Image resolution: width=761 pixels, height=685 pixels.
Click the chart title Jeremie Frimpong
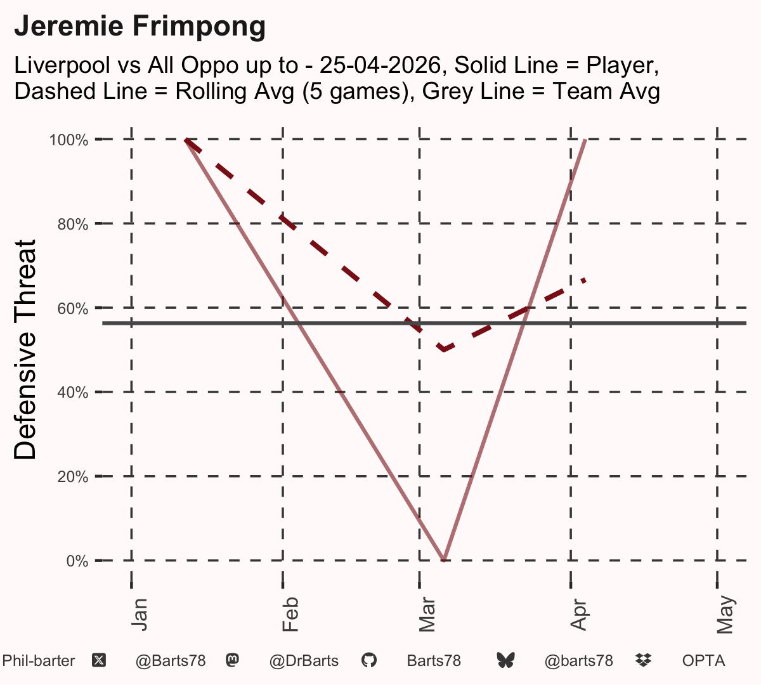(x=140, y=26)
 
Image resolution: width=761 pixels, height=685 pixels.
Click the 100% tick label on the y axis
(x=68, y=140)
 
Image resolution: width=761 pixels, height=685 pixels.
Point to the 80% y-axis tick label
(x=73, y=225)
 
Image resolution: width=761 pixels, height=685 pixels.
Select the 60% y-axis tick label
(x=73, y=308)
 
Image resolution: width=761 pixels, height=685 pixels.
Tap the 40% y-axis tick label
(x=73, y=393)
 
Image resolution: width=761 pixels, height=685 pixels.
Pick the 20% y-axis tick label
(x=73, y=477)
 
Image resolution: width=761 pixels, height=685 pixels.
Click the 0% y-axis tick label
(x=77, y=561)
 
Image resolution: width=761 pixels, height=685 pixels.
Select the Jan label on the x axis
(x=139, y=615)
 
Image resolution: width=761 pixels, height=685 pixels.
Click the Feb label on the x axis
(x=290, y=615)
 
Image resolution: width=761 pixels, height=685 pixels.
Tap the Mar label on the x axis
(x=427, y=615)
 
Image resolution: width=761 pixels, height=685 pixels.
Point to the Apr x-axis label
(x=578, y=615)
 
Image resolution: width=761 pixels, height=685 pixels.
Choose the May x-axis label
(x=725, y=615)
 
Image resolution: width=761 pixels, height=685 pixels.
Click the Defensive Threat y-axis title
(x=25, y=349)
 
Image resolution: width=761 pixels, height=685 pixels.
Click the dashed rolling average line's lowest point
(x=443, y=349)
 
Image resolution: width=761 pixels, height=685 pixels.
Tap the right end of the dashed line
(x=585, y=280)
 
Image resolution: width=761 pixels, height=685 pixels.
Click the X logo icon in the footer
(x=99, y=661)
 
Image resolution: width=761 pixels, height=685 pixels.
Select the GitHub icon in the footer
(x=368, y=660)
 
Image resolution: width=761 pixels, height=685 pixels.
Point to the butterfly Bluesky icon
(x=505, y=660)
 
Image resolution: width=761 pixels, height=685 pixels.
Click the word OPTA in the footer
(x=703, y=661)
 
